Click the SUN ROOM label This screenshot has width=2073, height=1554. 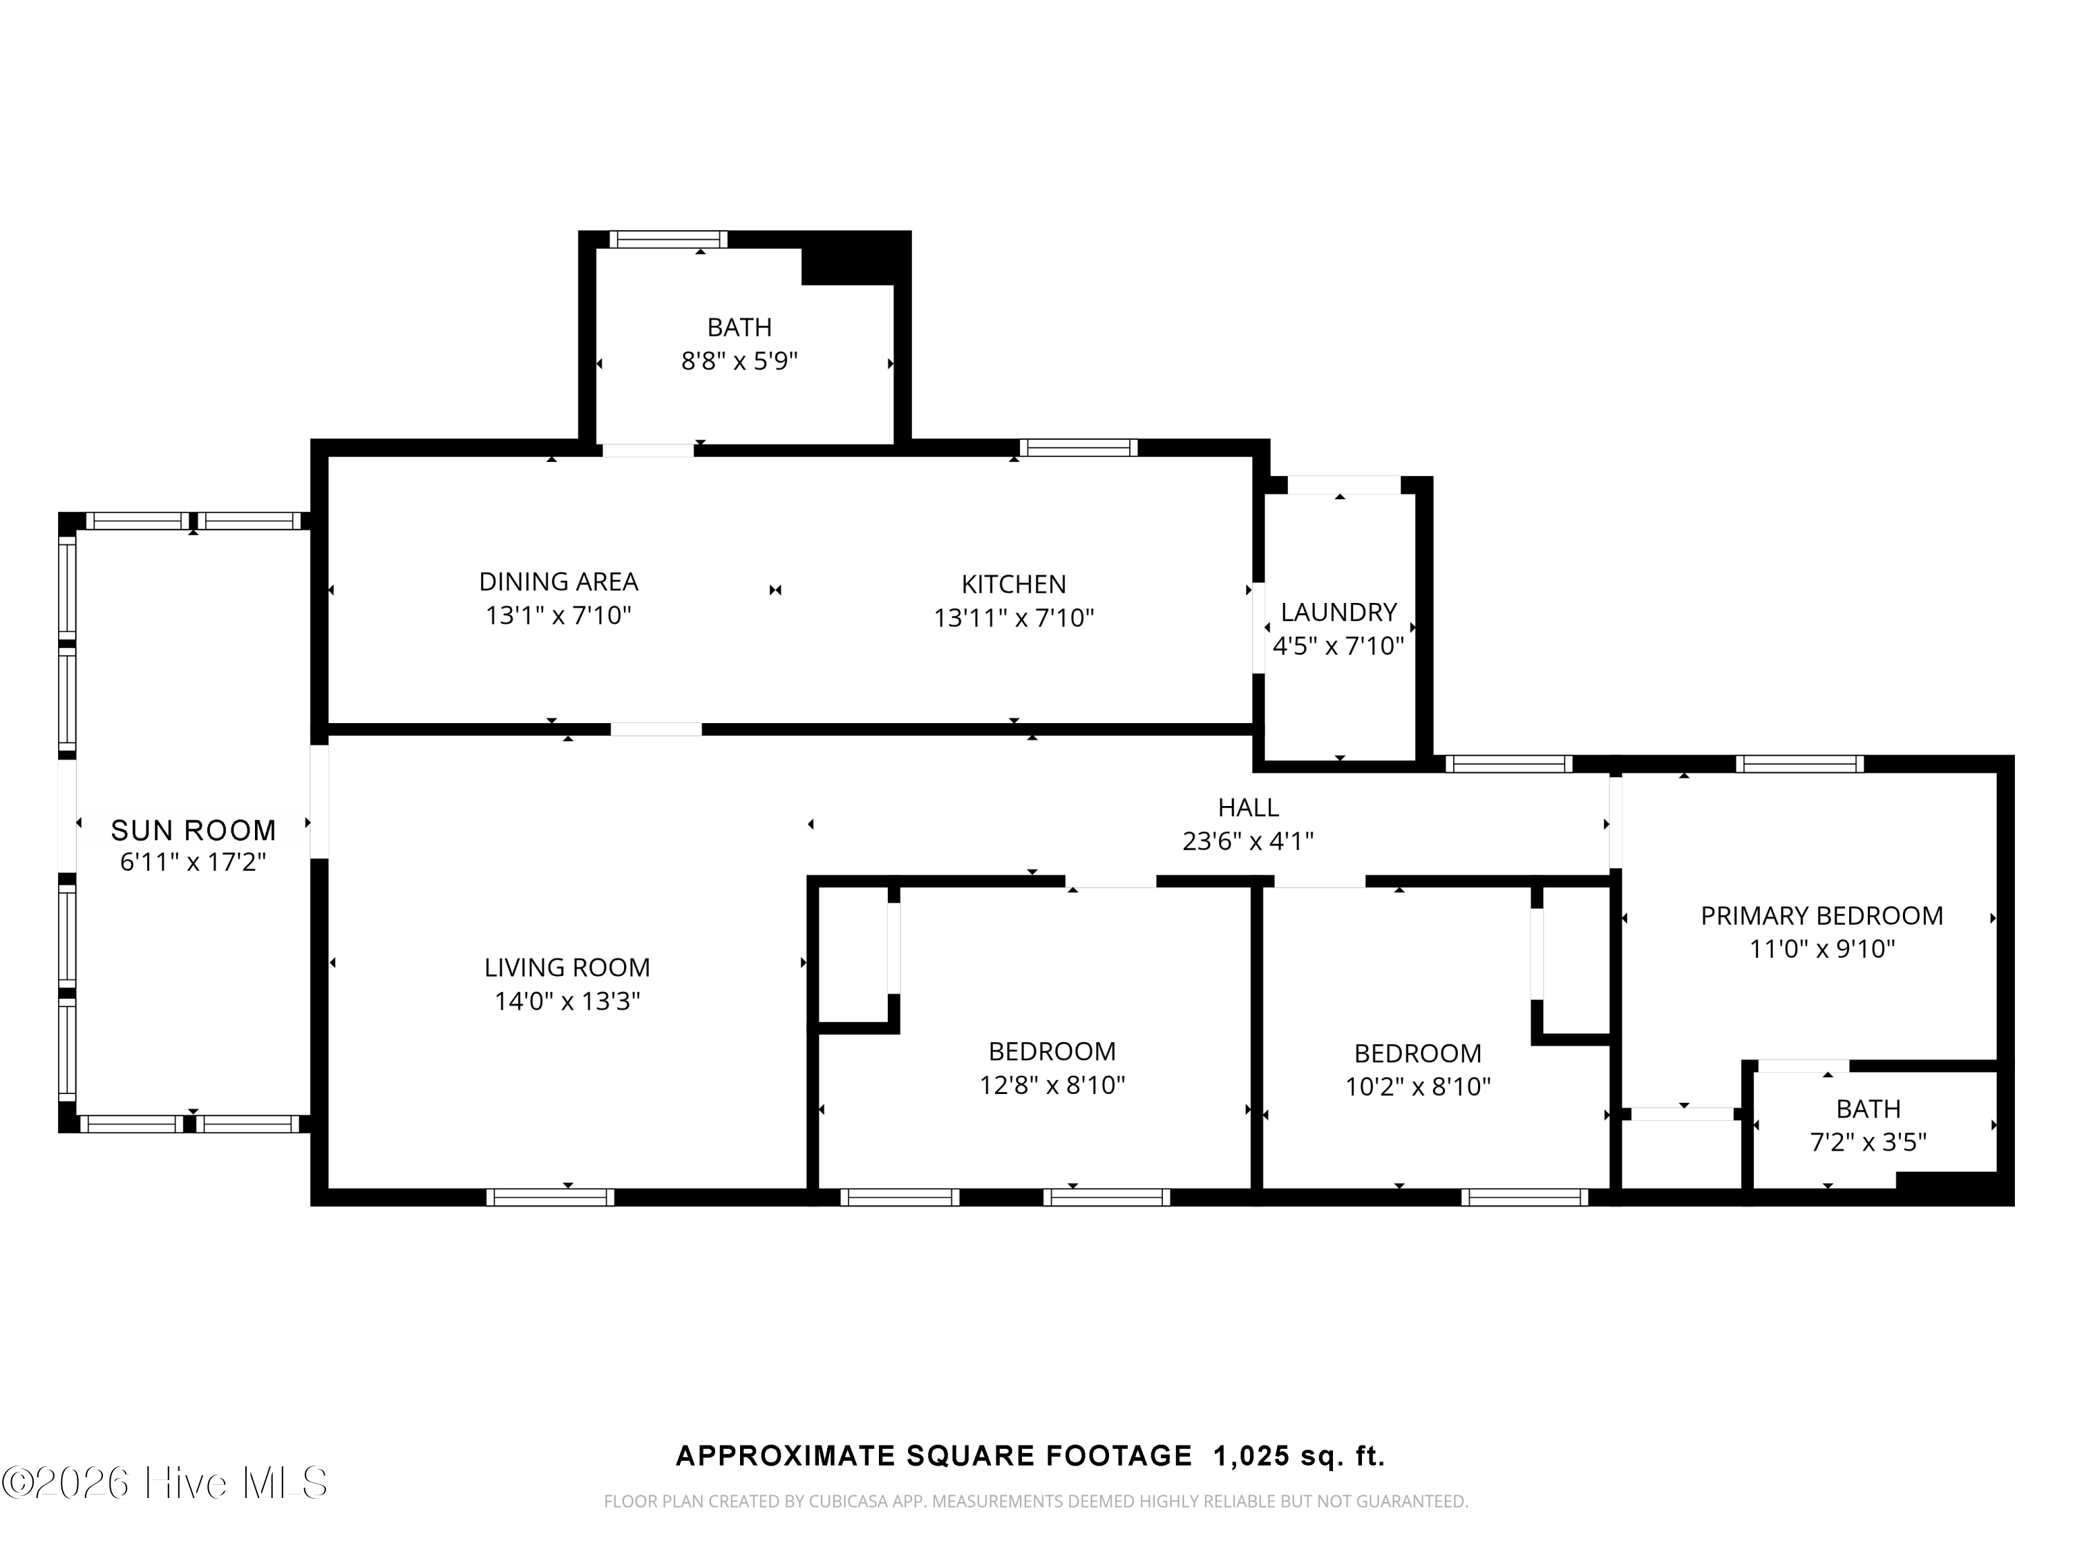tap(193, 830)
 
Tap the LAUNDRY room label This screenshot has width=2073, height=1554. tap(1338, 612)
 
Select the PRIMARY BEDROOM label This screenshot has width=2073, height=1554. tap(1822, 915)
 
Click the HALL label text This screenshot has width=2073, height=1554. tap(1249, 807)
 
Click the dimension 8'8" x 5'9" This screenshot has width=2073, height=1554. tap(739, 361)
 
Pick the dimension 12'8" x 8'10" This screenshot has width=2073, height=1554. tap(1052, 1085)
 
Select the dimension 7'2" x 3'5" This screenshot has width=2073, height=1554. tap(1868, 1142)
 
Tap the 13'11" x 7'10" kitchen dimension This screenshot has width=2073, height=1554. tap(1014, 618)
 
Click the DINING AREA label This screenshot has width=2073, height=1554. tap(558, 582)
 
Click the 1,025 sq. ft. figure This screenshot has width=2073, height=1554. tap(1299, 1456)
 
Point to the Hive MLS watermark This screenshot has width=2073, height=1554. tap(165, 1483)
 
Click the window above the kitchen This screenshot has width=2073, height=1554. tap(1078, 448)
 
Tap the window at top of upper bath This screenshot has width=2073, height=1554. tap(668, 240)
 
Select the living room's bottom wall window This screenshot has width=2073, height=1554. tap(550, 1196)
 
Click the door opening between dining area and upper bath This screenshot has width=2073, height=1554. tap(647, 450)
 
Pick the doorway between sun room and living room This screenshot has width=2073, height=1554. tap(319, 802)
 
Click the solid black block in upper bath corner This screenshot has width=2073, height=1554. tap(855, 258)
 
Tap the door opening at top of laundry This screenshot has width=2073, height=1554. tap(1344, 486)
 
